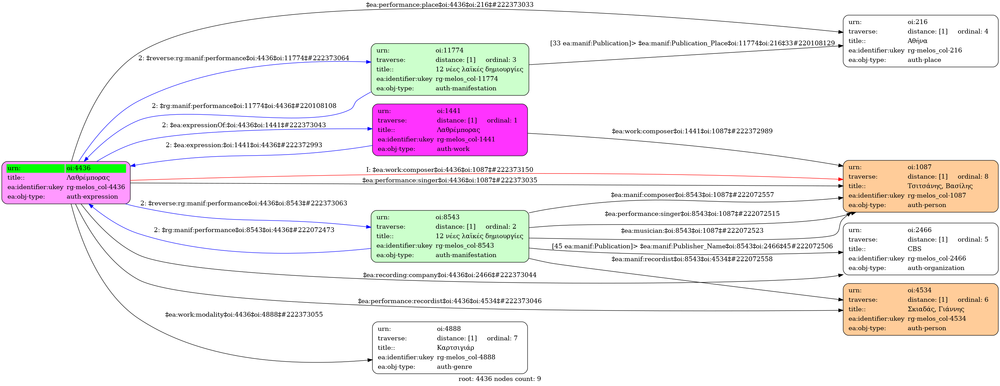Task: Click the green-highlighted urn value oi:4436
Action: (78, 168)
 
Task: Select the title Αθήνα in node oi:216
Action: (917, 41)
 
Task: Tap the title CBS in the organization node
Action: (914, 249)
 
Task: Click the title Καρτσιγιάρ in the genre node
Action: (455, 347)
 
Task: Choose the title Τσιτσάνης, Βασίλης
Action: (940, 186)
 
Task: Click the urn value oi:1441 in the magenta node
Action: (448, 111)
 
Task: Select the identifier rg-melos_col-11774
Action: (467, 79)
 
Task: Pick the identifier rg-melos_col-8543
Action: (465, 245)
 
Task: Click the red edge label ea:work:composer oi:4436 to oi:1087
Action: (449, 170)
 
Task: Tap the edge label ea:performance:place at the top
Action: (449, 5)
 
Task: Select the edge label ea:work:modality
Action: (244, 315)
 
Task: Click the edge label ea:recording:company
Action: (449, 275)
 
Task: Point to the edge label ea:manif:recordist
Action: (692, 259)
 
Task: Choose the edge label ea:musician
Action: (692, 231)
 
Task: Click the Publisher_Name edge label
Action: (692, 246)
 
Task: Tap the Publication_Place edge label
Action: (692, 43)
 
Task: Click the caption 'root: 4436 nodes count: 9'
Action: (499, 379)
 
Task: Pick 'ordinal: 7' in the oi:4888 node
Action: (502, 338)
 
